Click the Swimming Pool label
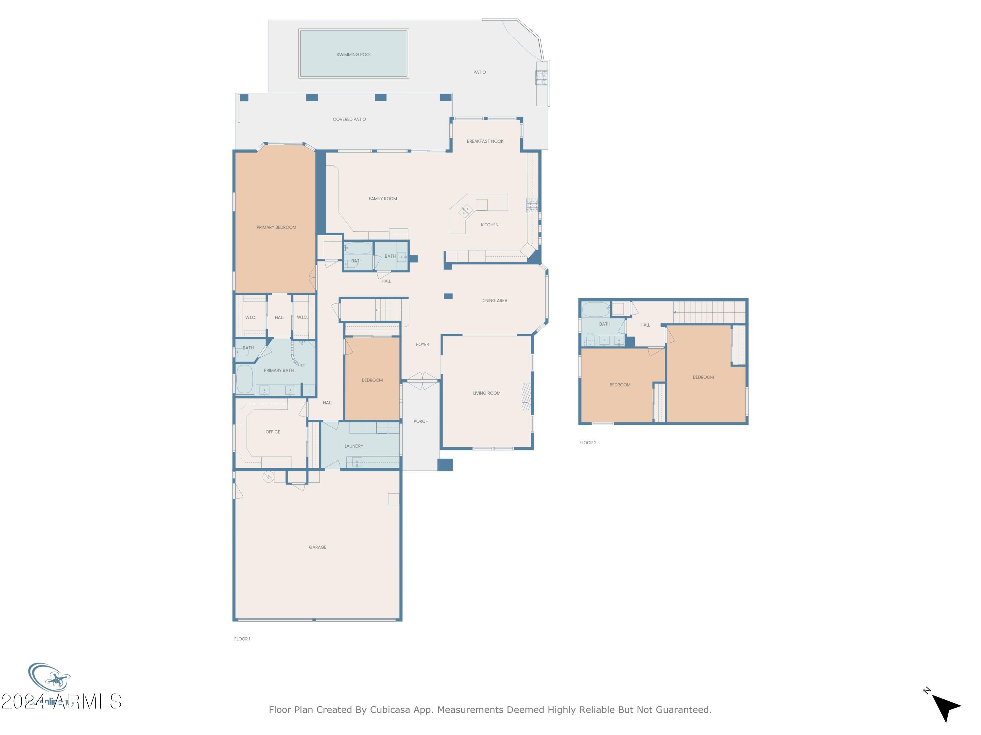353,55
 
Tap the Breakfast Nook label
485,141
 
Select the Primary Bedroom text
276,227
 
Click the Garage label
318,547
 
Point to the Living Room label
487,393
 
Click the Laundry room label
353,446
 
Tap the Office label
273,432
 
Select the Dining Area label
494,301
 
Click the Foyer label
422,344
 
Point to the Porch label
421,421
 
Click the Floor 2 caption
588,443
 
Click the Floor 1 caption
242,639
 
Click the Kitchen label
490,225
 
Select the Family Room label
383,199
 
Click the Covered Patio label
349,119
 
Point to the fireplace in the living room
526,397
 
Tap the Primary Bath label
279,370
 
